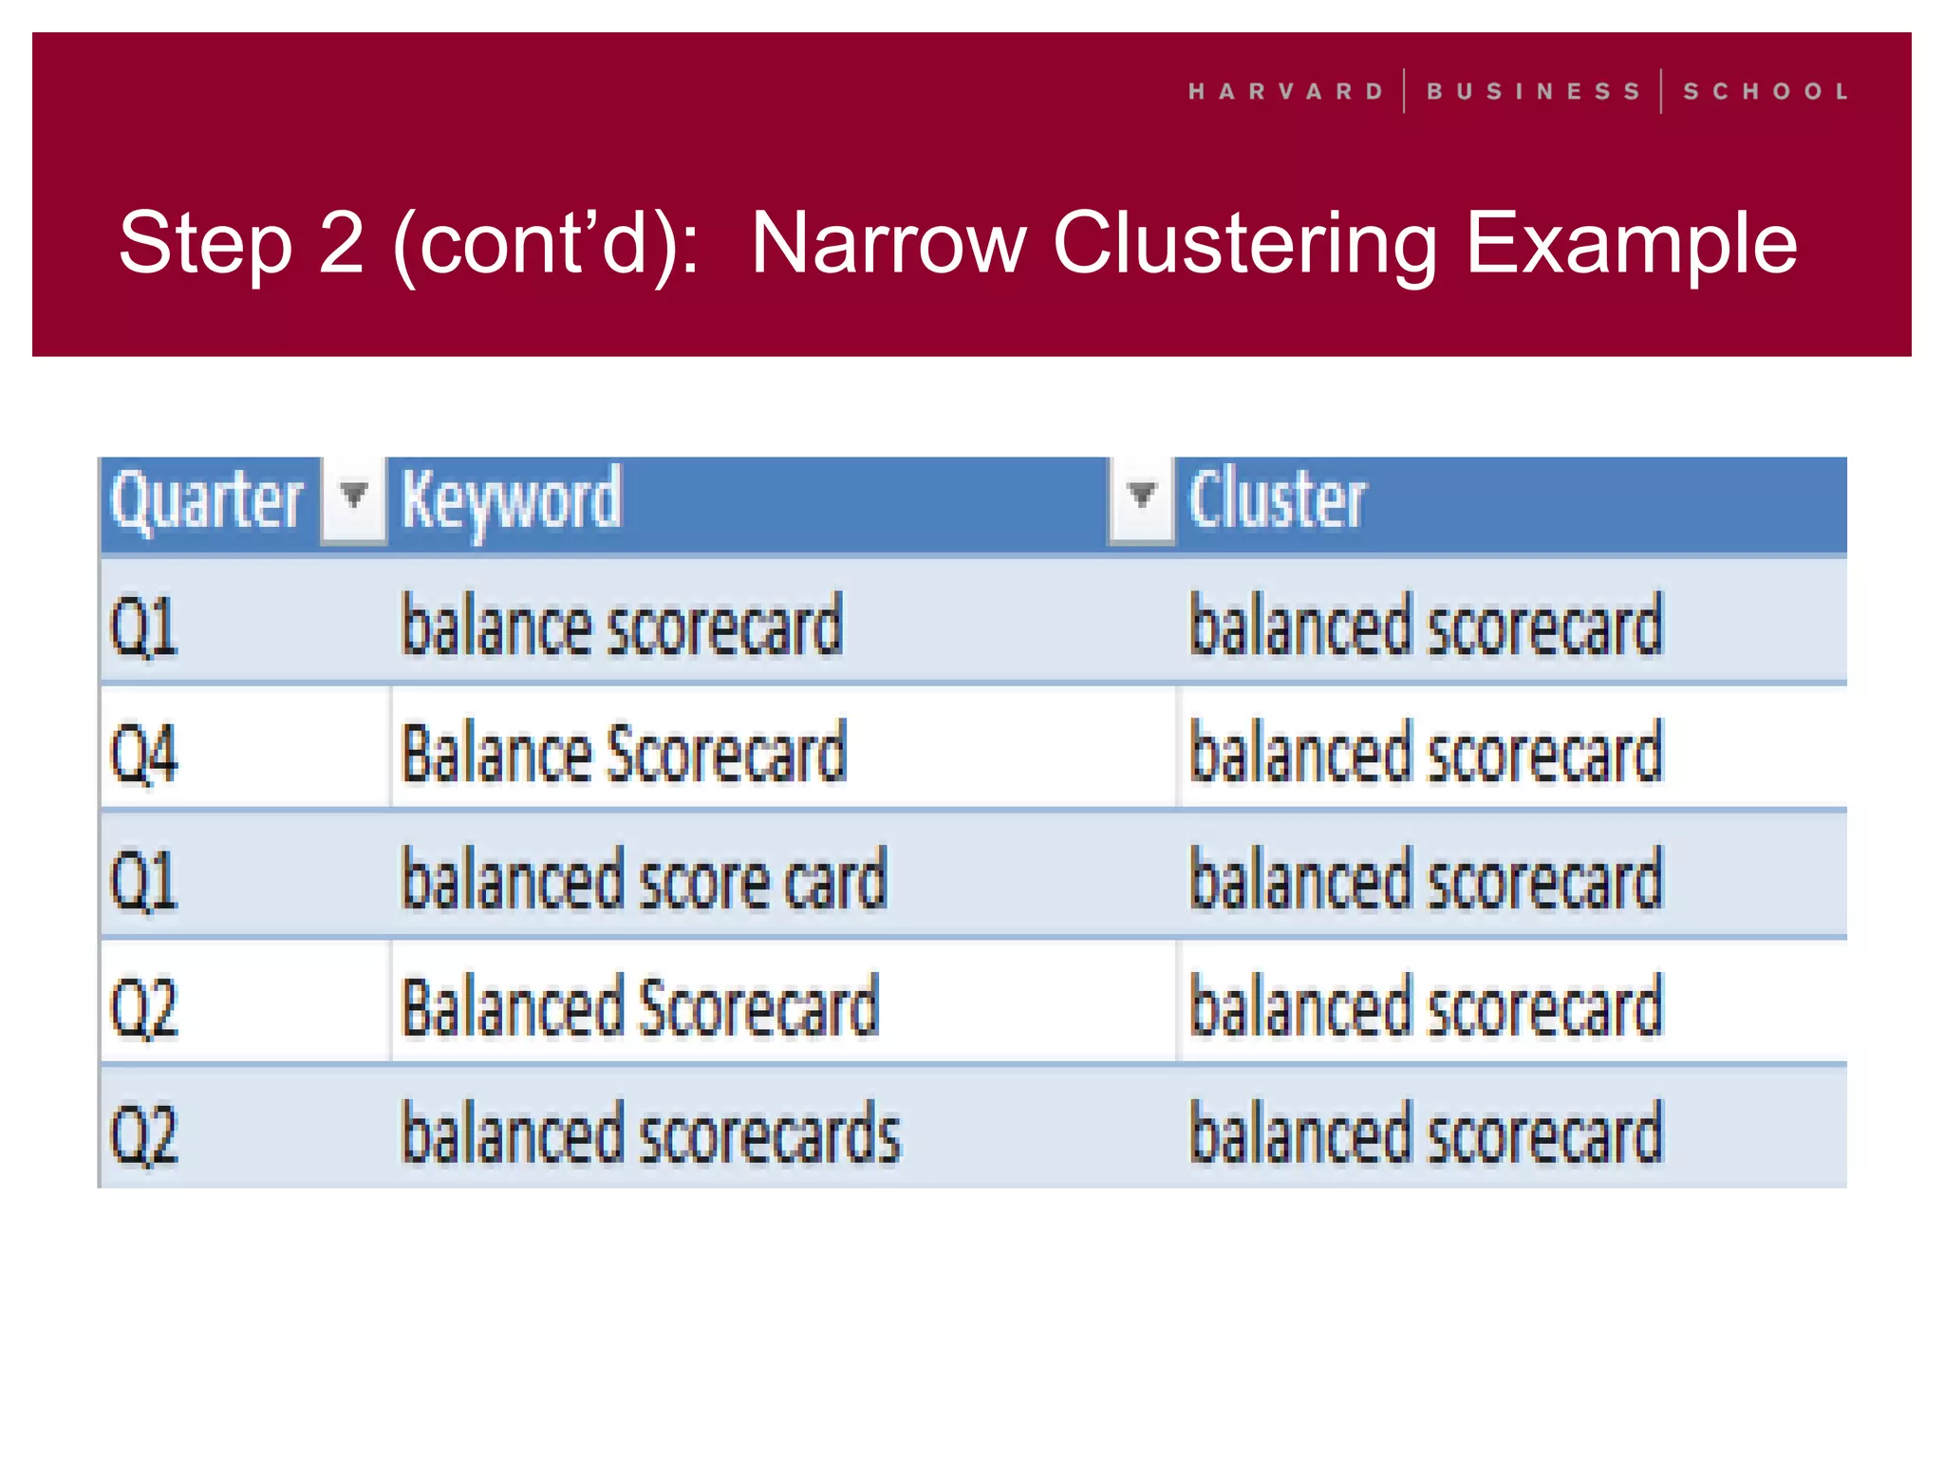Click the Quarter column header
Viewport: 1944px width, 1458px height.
click(206, 500)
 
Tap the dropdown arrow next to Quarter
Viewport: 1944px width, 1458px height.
click(354, 496)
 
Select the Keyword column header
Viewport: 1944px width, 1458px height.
click(511, 500)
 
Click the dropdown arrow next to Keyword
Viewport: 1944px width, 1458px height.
click(1141, 496)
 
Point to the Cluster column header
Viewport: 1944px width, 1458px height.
click(1277, 500)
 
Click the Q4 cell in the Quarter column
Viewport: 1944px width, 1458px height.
click(144, 753)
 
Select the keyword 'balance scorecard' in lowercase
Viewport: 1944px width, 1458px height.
click(622, 626)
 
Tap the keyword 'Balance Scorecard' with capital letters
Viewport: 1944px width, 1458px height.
click(624, 753)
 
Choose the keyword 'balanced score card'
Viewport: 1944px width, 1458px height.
click(645, 880)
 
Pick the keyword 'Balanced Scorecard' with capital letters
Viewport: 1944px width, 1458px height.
click(641, 1006)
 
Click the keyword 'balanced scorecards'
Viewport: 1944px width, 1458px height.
click(651, 1133)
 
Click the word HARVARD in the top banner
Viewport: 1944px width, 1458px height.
click(1286, 92)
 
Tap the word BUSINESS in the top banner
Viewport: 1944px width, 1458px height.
click(1533, 92)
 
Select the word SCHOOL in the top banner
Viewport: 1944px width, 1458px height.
click(1766, 92)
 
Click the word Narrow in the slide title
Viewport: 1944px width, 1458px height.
click(888, 244)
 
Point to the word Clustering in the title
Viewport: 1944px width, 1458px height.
click(1244, 244)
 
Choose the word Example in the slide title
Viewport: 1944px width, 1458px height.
click(1631, 244)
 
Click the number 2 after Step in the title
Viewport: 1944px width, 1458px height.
click(341, 244)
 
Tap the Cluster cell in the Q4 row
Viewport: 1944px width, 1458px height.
click(1426, 753)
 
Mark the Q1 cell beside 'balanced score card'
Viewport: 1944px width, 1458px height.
click(144, 880)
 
